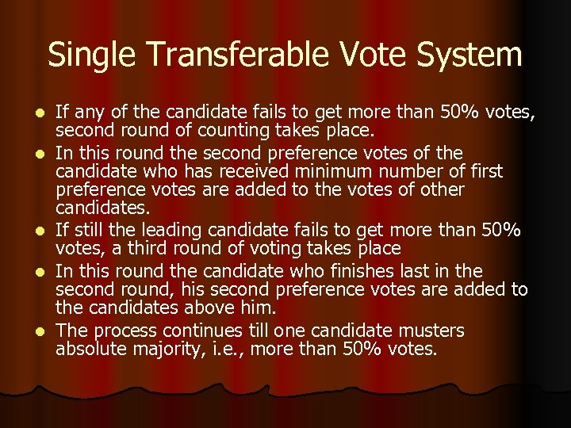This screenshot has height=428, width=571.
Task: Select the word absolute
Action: pyautogui.click(x=91, y=350)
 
